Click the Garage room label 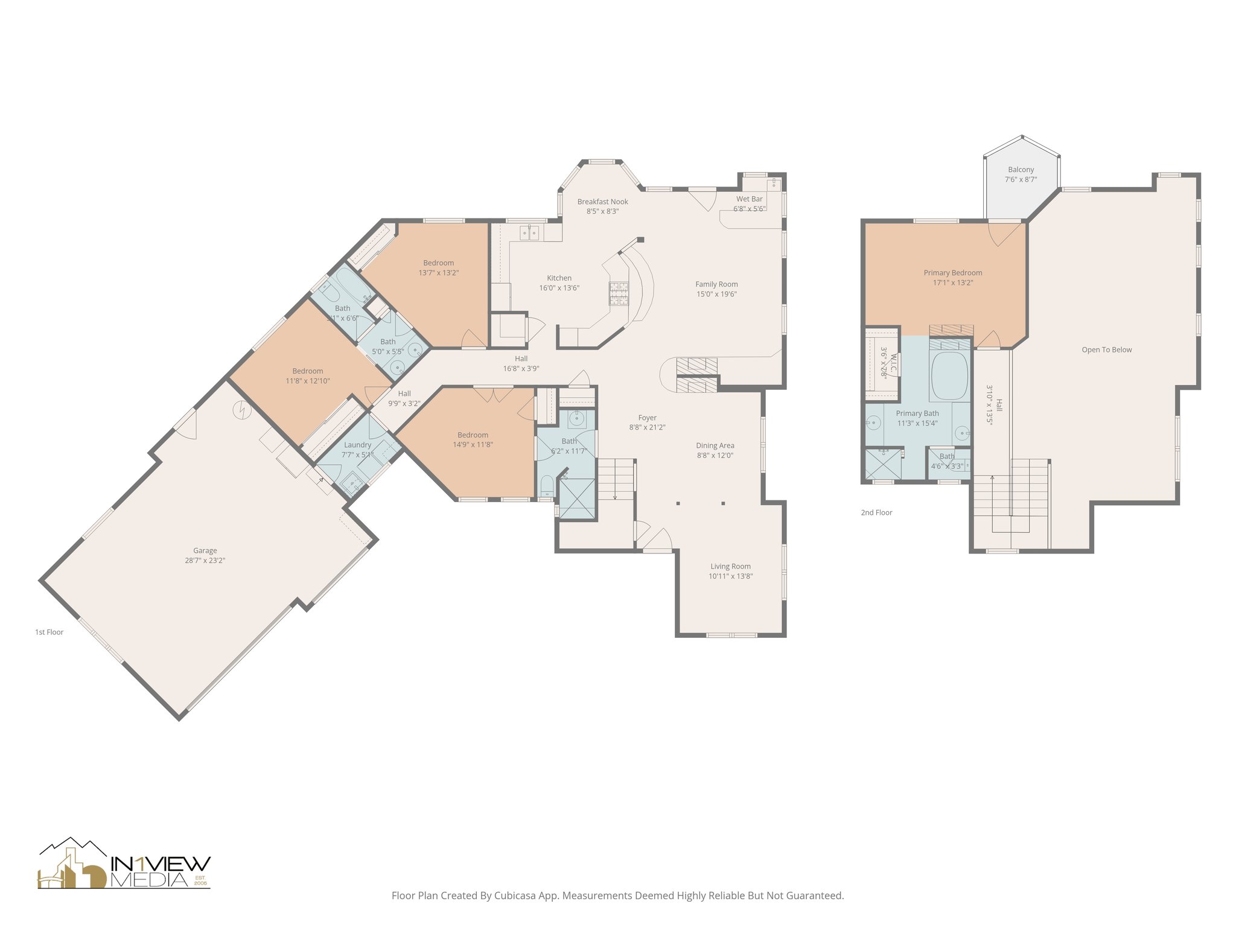205,550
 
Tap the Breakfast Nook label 602,202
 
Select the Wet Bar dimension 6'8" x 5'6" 749,209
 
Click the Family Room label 716,284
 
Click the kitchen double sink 529,232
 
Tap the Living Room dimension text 730,576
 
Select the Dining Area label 715,445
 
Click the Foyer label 647,418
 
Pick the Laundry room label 357,445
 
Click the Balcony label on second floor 1021,170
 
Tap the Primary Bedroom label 952,273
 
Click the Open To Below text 1106,349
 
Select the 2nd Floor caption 876,512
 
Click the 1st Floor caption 49,632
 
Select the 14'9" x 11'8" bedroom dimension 473,445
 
